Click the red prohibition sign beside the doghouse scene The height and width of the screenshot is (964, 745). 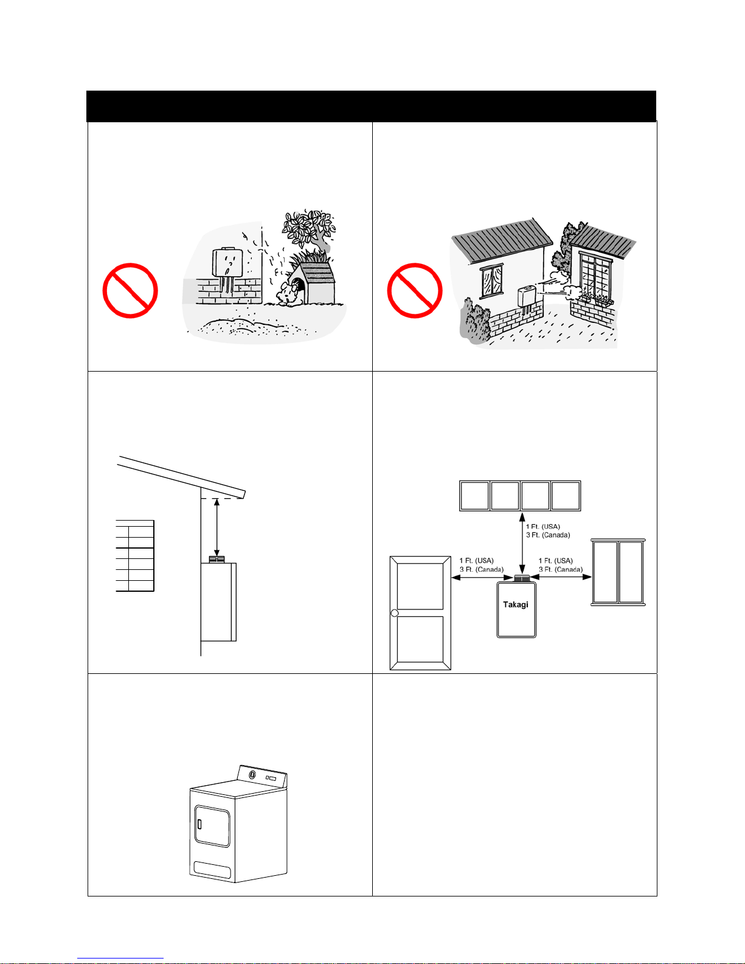pyautogui.click(x=130, y=291)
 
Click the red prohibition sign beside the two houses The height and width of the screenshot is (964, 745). pyautogui.click(x=415, y=291)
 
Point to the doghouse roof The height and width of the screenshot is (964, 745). pyautogui.click(x=317, y=273)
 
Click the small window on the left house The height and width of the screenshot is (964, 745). pyautogui.click(x=492, y=281)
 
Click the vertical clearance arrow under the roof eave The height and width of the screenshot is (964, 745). pyautogui.click(x=217, y=527)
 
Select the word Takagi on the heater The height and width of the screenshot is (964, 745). pyautogui.click(x=515, y=604)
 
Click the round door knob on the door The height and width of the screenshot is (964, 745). pyautogui.click(x=395, y=613)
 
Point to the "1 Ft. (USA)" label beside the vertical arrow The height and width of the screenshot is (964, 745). pyautogui.click(x=542, y=527)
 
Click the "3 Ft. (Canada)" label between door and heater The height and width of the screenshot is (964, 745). pyautogui.click(x=481, y=569)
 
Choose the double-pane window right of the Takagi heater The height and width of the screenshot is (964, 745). pyautogui.click(x=618, y=572)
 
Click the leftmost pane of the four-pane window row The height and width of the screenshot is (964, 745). pyautogui.click(x=474, y=496)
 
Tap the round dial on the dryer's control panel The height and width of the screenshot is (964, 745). pyautogui.click(x=252, y=775)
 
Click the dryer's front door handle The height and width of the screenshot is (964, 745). pyautogui.click(x=199, y=824)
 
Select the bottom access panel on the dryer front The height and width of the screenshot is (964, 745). pyautogui.click(x=212, y=870)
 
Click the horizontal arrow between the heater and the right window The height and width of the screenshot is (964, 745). pyautogui.click(x=561, y=577)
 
